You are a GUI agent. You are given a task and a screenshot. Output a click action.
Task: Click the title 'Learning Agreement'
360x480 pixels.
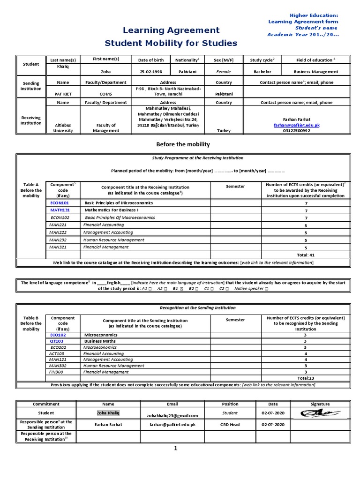pyautogui.click(x=171, y=30)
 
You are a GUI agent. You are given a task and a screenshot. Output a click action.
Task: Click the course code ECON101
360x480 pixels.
pyautogui.click(x=59, y=203)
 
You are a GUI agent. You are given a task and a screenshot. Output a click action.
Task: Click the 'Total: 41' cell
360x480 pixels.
pyautogui.click(x=306, y=255)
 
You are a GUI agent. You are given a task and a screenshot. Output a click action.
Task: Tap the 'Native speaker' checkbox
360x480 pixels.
pyautogui.click(x=266, y=289)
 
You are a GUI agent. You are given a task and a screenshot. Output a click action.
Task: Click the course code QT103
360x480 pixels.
pyautogui.click(x=57, y=342)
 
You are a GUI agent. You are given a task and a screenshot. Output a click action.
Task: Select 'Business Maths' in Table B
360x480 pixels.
pyautogui.click(x=100, y=342)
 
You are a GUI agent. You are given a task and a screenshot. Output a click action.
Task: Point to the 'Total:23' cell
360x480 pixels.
pyautogui.click(x=306, y=378)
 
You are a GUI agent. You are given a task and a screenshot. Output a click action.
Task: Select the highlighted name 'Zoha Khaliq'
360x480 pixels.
pyautogui.click(x=108, y=413)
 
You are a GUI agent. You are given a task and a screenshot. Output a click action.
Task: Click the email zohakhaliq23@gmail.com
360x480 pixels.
pyautogui.click(x=172, y=415)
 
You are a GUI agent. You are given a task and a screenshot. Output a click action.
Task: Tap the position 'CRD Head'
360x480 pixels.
pyautogui.click(x=230, y=424)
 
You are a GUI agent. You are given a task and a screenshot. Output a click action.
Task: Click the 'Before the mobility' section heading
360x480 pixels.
pyautogui.click(x=183, y=144)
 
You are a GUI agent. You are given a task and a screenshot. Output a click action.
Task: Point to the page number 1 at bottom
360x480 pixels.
pyautogui.click(x=176, y=449)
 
